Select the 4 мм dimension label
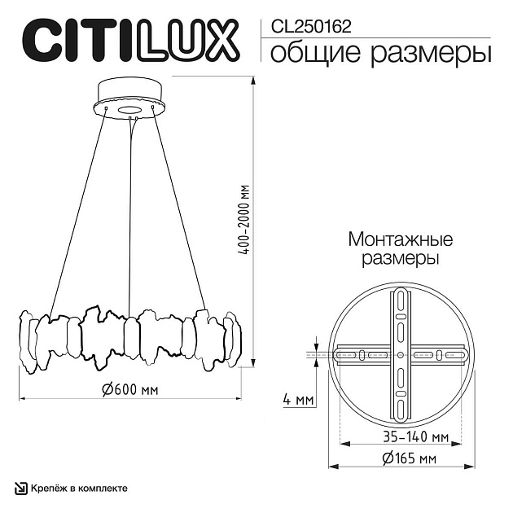tap(297, 401)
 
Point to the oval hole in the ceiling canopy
tap(130, 107)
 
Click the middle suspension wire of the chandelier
tap(129, 212)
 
